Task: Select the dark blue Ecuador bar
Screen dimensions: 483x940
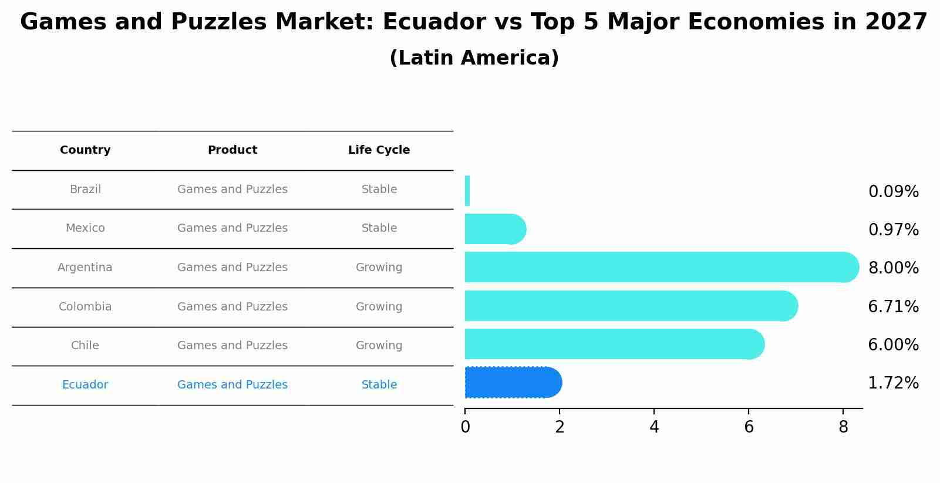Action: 513,383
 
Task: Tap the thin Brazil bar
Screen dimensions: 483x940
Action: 467,191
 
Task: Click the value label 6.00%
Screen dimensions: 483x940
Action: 893,345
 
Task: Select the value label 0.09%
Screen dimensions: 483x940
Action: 893,192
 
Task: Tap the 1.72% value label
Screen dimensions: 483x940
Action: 893,383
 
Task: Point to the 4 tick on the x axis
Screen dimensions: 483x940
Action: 654,427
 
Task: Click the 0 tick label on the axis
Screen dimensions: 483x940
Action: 465,427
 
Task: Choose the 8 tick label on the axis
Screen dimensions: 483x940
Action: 843,427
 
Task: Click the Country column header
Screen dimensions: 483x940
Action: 85,150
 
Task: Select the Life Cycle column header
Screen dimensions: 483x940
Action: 379,150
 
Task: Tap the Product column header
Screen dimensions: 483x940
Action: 233,150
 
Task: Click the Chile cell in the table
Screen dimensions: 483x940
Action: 85,346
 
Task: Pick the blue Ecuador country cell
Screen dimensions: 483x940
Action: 85,385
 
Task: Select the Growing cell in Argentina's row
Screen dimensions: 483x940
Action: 379,268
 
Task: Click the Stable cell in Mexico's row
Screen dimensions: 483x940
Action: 379,228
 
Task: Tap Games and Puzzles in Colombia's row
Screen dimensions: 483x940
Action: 233,307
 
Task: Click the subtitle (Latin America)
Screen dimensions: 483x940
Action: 474,58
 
